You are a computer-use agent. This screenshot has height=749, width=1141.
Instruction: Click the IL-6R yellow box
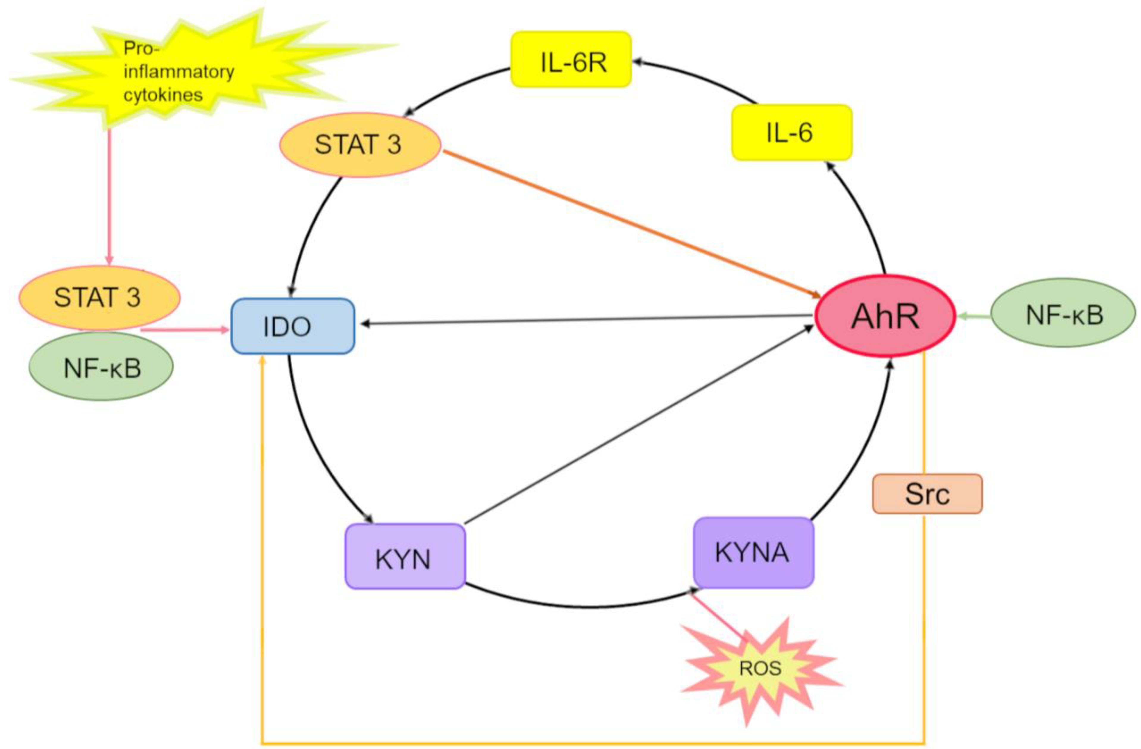[x=571, y=59]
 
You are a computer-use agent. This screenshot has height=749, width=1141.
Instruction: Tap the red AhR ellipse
[x=885, y=316]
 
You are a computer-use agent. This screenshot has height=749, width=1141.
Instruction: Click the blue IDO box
[x=293, y=326]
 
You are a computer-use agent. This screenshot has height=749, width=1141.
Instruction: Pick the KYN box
[x=405, y=556]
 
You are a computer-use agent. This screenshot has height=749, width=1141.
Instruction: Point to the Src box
[x=927, y=493]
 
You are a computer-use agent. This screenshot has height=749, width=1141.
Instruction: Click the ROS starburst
[x=760, y=668]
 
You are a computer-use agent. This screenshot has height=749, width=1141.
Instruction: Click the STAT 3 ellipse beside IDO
[x=100, y=297]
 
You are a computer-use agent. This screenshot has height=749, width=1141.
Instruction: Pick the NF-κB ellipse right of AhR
[x=1063, y=314]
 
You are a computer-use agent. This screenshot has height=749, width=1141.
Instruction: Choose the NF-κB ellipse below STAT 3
[x=101, y=366]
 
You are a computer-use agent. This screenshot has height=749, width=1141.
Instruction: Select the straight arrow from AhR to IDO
[x=588, y=320]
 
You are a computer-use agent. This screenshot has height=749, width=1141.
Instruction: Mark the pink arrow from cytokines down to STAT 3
[x=109, y=197]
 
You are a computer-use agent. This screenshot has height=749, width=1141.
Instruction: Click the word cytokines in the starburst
[x=163, y=94]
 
